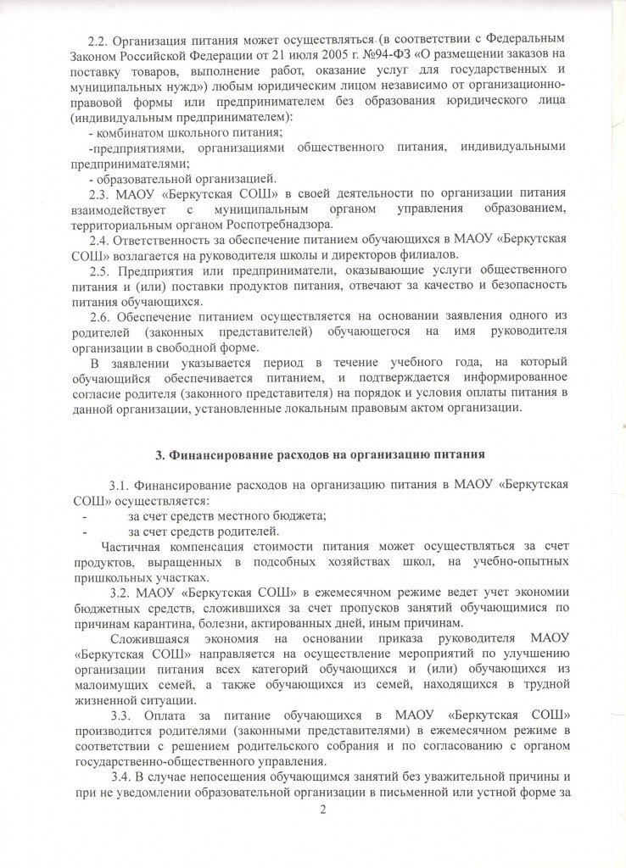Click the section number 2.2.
tap(99, 39)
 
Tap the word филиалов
tap(428, 255)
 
